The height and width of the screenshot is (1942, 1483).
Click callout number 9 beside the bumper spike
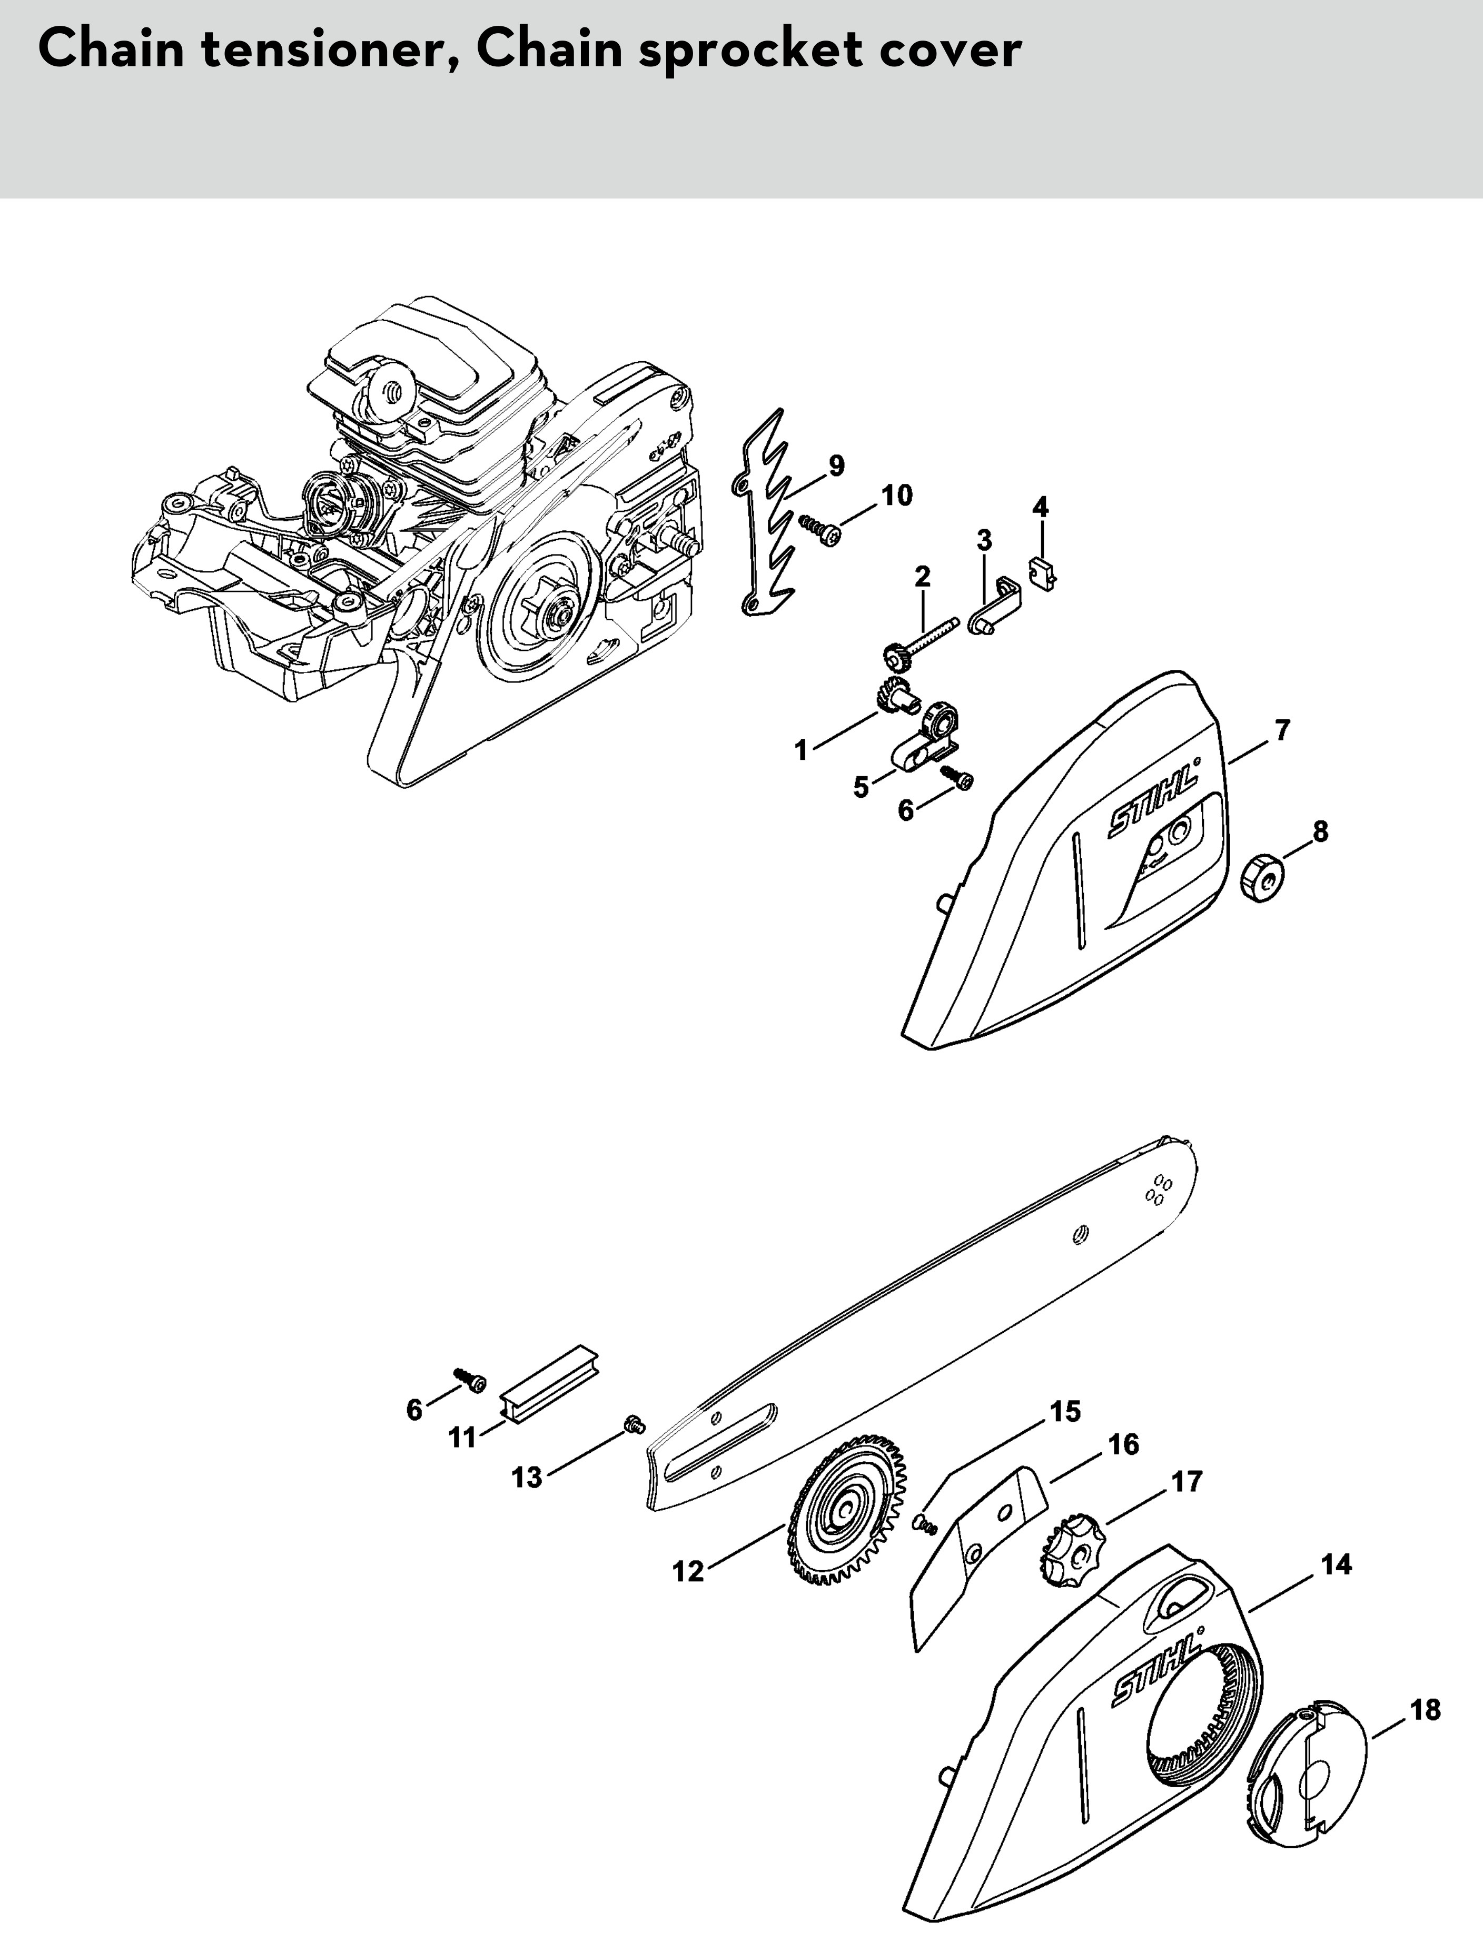pos(835,464)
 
